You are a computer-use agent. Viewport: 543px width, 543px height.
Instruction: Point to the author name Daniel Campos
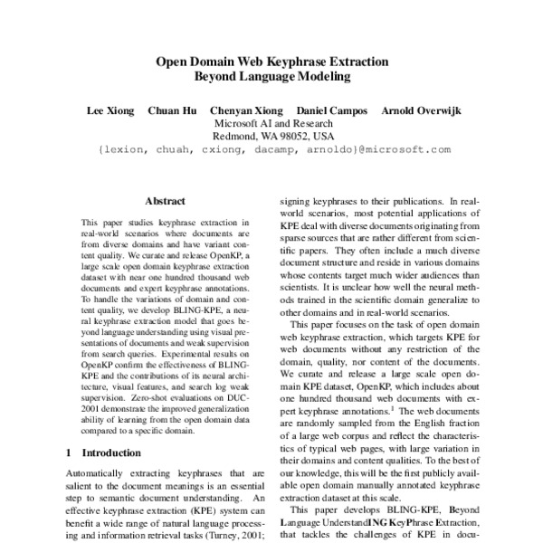pyautogui.click(x=330, y=110)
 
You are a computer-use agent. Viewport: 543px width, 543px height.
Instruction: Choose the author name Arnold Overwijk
pyautogui.click(x=422, y=110)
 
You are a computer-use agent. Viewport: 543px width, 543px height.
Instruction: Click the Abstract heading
pyautogui.click(x=165, y=201)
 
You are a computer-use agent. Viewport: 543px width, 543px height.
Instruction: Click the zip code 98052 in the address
pyautogui.click(x=300, y=138)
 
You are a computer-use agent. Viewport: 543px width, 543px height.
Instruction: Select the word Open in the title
pyautogui.click(x=173, y=62)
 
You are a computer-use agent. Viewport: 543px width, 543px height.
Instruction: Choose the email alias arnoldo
pyautogui.click(x=332, y=152)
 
